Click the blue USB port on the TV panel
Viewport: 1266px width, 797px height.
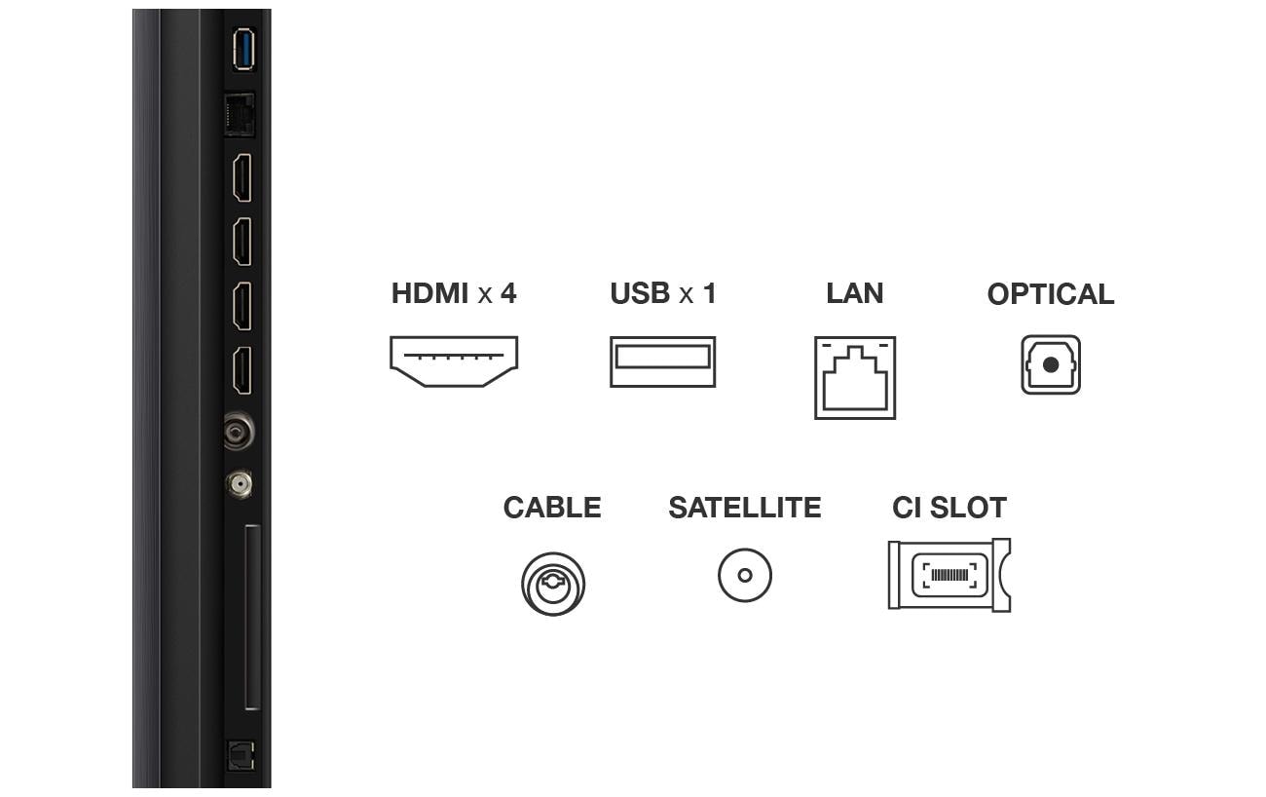[242, 50]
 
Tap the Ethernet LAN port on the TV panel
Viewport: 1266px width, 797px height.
[240, 115]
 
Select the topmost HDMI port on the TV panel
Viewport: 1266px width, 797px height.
[242, 177]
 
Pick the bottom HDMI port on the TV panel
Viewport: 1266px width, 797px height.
[242, 370]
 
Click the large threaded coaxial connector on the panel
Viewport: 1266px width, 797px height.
[239, 431]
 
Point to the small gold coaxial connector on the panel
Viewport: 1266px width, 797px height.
[239, 482]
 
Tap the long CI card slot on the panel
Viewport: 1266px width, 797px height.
[251, 618]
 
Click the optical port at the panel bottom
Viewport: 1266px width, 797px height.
[240, 755]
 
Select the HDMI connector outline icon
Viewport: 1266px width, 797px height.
[454, 361]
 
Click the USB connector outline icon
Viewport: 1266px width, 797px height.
[662, 361]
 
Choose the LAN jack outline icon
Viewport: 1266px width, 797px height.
[855, 378]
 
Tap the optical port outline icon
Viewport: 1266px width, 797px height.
[1051, 365]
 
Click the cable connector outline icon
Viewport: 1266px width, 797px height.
[553, 584]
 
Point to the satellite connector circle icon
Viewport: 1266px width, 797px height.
[745, 575]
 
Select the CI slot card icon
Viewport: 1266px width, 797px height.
[949, 575]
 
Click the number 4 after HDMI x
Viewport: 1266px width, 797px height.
[508, 293]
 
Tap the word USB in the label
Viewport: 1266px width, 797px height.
[639, 293]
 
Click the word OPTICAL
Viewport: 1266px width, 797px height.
[1050, 294]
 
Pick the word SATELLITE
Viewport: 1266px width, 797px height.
[744, 508]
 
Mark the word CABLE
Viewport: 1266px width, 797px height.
[552, 508]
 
